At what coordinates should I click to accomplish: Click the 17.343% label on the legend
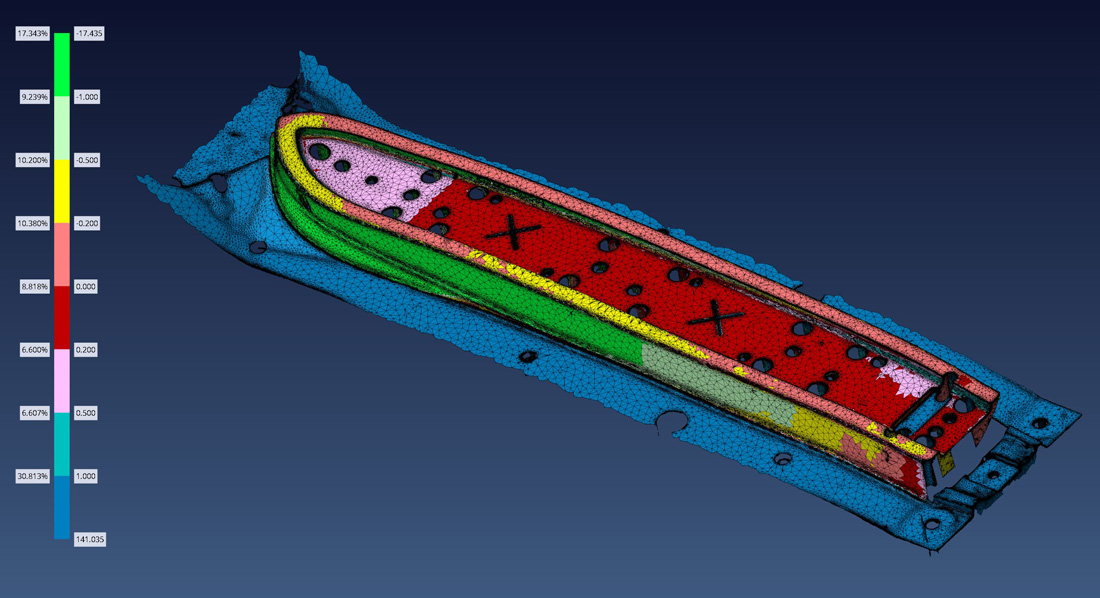tap(33, 34)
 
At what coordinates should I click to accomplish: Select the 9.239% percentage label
tap(34, 97)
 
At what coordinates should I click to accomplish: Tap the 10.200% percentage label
tap(33, 160)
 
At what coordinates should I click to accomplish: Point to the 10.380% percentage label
tap(33, 223)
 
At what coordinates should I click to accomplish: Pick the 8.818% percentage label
tap(34, 286)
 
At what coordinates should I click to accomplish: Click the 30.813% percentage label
tap(33, 476)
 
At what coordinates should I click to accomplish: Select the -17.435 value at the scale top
tap(89, 34)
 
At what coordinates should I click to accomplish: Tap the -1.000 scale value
tap(87, 97)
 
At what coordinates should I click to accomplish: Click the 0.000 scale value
tap(86, 286)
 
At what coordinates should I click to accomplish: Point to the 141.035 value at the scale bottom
tap(90, 539)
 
